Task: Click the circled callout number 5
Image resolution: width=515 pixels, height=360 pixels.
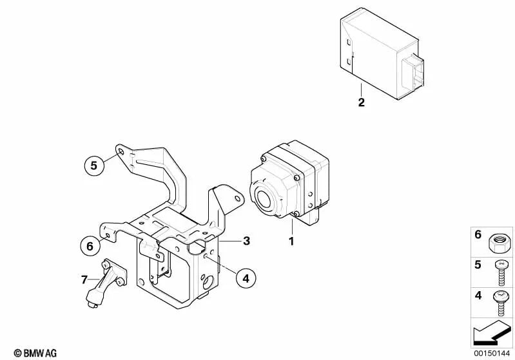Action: click(x=93, y=166)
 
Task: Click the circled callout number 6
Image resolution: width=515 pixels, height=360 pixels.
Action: click(x=90, y=245)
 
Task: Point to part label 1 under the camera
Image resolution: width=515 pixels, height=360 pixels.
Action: click(x=291, y=242)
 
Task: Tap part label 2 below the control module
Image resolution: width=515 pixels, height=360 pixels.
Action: click(x=361, y=102)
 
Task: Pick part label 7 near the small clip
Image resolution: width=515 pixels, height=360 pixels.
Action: click(x=83, y=279)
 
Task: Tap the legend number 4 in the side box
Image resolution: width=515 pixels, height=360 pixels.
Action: click(x=478, y=296)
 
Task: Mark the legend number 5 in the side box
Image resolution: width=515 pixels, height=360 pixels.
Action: click(x=478, y=264)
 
